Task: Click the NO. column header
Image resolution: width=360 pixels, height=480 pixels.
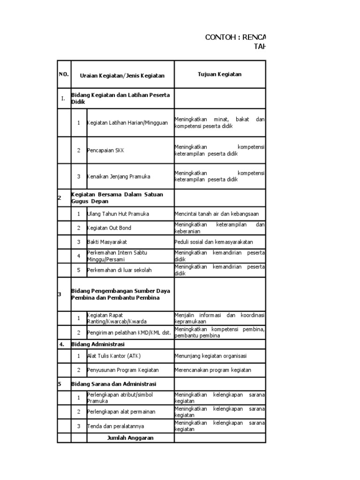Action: tap(64, 75)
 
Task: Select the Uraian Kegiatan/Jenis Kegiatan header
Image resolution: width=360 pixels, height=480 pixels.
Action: tap(122, 75)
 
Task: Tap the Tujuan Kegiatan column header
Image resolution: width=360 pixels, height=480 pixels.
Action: tap(219, 74)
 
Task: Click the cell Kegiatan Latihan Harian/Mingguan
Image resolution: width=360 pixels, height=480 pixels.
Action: tap(127, 123)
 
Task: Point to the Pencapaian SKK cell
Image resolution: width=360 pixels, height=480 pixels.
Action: tap(106, 150)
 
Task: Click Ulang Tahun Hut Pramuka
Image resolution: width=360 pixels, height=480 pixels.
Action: tap(118, 214)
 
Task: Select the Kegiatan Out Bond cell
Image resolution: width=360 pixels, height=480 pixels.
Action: tap(109, 228)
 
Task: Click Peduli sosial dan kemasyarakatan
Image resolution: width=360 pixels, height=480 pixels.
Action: tap(213, 242)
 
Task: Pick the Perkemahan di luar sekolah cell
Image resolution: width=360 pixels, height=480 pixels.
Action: tap(120, 270)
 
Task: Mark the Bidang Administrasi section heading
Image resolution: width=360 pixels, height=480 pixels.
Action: tap(95, 344)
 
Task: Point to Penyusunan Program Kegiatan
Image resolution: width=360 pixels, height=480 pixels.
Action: tap(123, 370)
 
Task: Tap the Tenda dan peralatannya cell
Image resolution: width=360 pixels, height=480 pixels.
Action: tap(115, 426)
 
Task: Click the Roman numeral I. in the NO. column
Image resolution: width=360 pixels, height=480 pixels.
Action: tap(63, 98)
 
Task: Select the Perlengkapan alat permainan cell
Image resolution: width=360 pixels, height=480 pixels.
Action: tap(121, 412)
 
